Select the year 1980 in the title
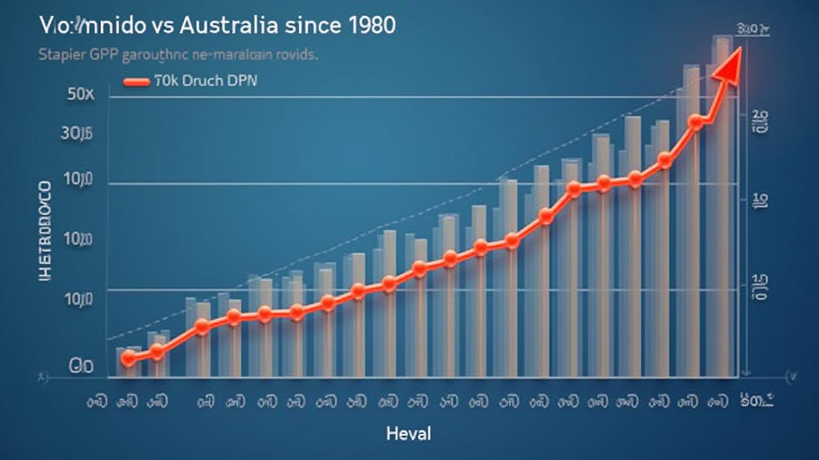click(369, 26)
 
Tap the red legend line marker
click(136, 82)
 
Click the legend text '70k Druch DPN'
click(205, 81)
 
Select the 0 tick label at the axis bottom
click(81, 366)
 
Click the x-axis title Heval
click(408, 433)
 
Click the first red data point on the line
click(128, 358)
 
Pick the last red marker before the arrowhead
click(695, 122)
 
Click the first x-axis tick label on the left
click(96, 402)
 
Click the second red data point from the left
click(157, 352)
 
